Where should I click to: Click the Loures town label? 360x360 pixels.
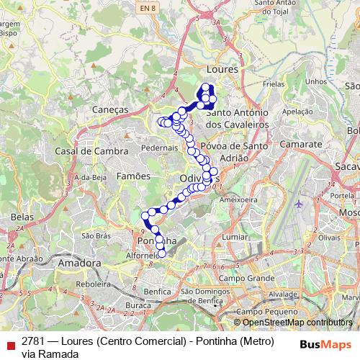click(222, 69)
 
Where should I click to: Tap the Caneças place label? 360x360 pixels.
click(110, 109)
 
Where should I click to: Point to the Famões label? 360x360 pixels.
click(132, 175)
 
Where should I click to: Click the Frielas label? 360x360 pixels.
click(274, 84)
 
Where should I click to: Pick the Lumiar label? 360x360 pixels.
click(235, 236)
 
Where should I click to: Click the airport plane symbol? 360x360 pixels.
click(299, 204)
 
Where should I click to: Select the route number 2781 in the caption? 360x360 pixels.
click(34, 341)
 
